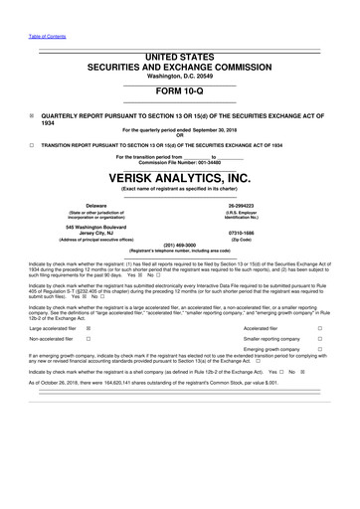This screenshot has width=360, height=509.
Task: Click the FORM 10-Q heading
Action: [x=180, y=89]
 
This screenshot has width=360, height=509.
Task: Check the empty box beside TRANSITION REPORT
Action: [x=32, y=143]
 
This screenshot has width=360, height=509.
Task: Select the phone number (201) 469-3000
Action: [x=180, y=246]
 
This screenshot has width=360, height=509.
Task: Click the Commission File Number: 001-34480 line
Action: [x=180, y=162]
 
